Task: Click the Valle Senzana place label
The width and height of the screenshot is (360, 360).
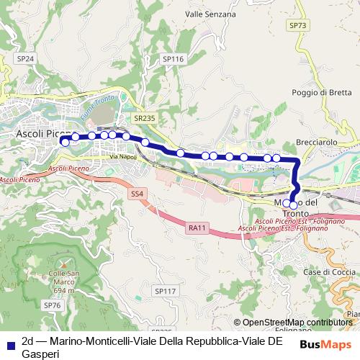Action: tap(210, 14)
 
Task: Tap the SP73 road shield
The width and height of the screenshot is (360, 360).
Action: tap(297, 25)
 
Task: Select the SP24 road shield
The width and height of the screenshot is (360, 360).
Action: tap(25, 58)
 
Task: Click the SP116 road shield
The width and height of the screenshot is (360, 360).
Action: tap(174, 59)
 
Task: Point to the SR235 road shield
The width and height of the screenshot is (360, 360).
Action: tap(144, 117)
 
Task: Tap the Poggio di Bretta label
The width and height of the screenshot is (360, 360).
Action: tap(322, 92)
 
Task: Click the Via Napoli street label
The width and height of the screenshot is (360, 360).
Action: tap(123, 156)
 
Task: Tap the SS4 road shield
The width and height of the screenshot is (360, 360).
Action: tap(137, 194)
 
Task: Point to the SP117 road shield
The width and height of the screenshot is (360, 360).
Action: tap(165, 291)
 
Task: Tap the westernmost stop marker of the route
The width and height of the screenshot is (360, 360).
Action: tap(65, 143)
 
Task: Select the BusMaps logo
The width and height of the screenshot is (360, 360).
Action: tap(321, 344)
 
